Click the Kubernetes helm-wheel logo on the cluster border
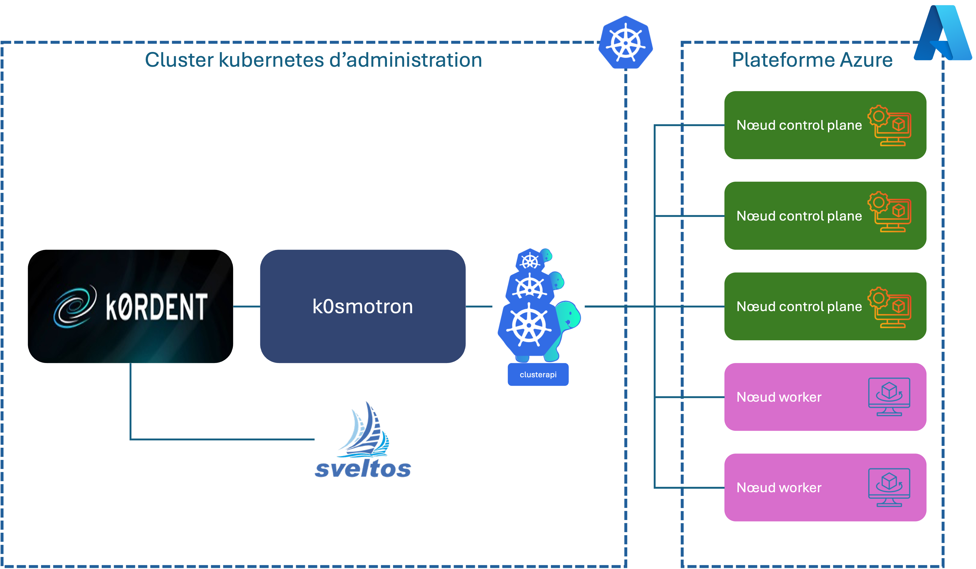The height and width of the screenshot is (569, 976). pos(626,43)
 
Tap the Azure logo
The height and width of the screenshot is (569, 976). pos(943,33)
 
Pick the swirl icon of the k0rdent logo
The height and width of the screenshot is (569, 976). pos(75,307)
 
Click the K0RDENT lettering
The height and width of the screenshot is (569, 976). pos(157,307)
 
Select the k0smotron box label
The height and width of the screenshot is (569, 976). pos(363,307)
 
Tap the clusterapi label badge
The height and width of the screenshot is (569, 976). pos(538,375)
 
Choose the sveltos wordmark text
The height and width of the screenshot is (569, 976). pos(363,469)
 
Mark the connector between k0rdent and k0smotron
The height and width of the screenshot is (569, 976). pos(246,307)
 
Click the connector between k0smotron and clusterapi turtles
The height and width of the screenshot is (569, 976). pos(479,307)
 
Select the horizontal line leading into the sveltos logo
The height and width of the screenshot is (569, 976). pos(223,439)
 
